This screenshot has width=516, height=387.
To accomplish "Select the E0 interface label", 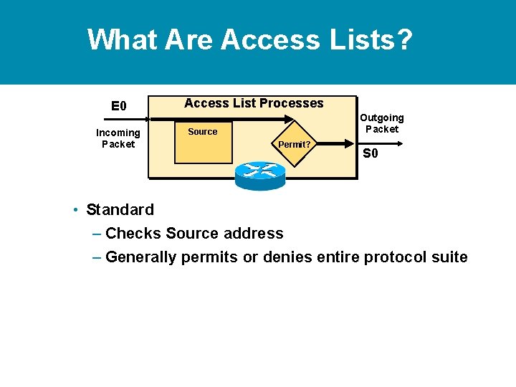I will pyautogui.click(x=118, y=107).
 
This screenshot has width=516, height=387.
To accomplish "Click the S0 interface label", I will pyautogui.click(x=370, y=153).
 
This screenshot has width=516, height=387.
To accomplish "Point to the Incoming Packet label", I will pyautogui.click(x=118, y=138).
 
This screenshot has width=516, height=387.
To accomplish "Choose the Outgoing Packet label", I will pyautogui.click(x=381, y=123).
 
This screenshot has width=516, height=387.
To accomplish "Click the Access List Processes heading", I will pyautogui.click(x=254, y=103).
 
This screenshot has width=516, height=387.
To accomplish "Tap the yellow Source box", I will pyautogui.click(x=204, y=142).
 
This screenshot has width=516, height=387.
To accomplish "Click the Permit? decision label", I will pyautogui.click(x=294, y=144).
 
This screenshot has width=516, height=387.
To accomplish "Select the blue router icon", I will pyautogui.click(x=259, y=175).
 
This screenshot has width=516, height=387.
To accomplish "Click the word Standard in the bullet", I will pyautogui.click(x=120, y=210).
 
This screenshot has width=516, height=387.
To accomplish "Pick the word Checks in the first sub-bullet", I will pyautogui.click(x=133, y=234).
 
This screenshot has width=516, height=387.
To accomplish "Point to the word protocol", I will pyautogui.click(x=394, y=257).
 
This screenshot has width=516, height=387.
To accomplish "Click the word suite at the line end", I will pyautogui.click(x=449, y=257).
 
